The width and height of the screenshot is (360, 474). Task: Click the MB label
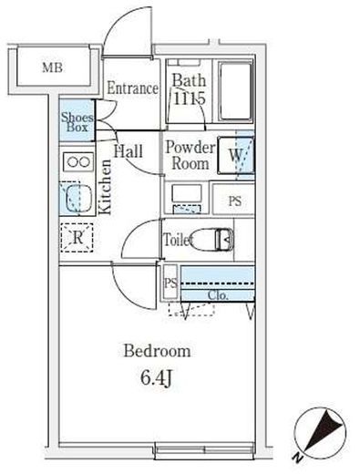[53, 67]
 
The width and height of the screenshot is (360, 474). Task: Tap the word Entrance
[132, 88]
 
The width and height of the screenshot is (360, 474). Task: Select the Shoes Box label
[77, 122]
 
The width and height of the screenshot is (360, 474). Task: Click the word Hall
[129, 150]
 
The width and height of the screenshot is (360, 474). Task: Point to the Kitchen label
[106, 187]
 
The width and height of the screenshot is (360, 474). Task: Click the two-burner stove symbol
[78, 161]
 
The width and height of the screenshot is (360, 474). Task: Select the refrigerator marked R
[77, 238]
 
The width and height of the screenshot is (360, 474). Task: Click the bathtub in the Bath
[235, 91]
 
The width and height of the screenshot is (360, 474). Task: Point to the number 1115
[190, 98]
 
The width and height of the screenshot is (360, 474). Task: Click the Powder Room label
[190, 155]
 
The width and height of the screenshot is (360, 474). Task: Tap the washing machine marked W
[236, 155]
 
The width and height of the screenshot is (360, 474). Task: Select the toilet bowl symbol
[212, 240]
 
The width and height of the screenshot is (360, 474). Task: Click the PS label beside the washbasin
[235, 201]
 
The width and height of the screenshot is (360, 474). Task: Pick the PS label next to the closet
[170, 283]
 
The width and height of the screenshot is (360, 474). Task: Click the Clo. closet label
[218, 295]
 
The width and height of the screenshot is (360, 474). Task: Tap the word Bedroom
[158, 351]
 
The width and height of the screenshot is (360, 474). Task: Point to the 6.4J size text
[157, 378]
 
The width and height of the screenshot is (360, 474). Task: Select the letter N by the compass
[298, 458]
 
